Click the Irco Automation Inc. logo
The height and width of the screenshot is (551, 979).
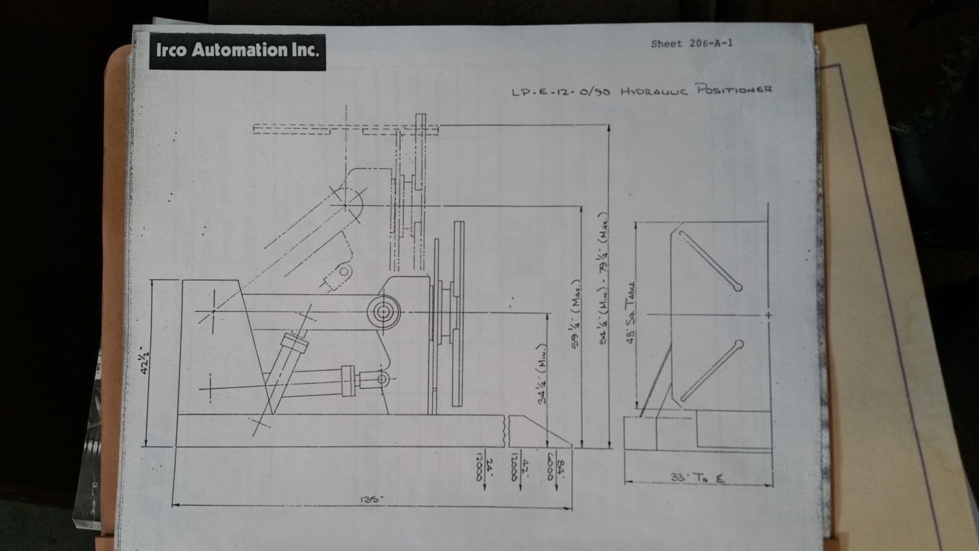(x=237, y=51)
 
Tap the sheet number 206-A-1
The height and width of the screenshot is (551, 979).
(x=691, y=44)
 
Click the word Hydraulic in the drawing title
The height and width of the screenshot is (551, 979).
(x=653, y=91)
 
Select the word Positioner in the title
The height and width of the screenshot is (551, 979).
(x=731, y=90)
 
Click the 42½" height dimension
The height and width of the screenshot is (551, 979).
(x=144, y=360)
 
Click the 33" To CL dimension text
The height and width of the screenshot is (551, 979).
(x=697, y=478)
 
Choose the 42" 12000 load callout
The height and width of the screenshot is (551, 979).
(x=518, y=466)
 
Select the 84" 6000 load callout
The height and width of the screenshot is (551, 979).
(x=552, y=466)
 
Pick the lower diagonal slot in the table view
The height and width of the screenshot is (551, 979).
(x=711, y=371)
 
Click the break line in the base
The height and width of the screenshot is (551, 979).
(x=507, y=429)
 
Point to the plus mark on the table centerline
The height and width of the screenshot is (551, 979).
(x=769, y=315)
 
